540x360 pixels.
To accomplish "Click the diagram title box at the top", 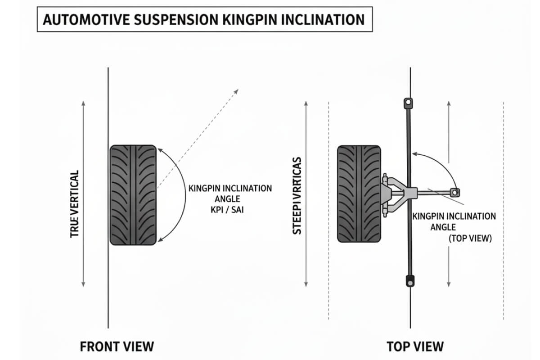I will [204, 20].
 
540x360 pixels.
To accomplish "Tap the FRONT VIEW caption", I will [117, 346].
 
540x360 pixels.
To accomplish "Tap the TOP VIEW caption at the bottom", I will [415, 346].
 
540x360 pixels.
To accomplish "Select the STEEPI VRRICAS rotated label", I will [297, 195].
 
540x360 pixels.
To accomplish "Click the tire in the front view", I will [133, 194].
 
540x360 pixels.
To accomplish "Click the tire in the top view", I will [359, 193].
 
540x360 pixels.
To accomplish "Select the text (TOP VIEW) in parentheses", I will [470, 239].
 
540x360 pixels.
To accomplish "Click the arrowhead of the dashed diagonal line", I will [236, 91].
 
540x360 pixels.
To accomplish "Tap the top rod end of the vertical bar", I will [408, 103].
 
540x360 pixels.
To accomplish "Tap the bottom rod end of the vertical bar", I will [409, 281].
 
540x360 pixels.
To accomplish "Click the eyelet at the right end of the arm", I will [455, 193].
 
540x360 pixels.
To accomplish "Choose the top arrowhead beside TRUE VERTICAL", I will [83, 103].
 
